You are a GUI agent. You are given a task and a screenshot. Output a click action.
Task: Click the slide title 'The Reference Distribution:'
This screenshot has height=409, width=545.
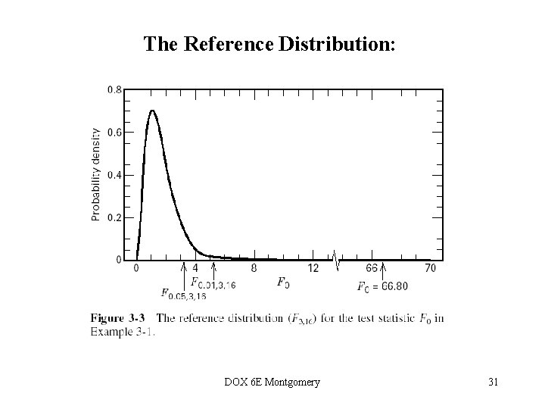(269, 44)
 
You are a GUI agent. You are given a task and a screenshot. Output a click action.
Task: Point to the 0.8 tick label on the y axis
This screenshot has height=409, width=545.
(114, 89)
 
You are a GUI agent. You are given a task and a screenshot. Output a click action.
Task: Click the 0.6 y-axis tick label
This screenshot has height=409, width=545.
(114, 132)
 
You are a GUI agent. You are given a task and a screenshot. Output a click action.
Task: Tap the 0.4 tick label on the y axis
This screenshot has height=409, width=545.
(114, 175)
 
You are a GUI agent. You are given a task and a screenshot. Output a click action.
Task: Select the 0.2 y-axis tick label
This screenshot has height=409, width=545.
(114, 217)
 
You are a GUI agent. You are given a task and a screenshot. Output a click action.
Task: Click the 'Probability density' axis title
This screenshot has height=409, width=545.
(96, 173)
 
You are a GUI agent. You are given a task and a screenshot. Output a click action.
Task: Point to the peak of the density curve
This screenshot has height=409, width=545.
(152, 111)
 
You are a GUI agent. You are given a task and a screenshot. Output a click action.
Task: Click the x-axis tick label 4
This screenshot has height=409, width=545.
(195, 268)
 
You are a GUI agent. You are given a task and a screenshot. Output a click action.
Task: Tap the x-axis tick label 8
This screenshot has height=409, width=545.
(254, 268)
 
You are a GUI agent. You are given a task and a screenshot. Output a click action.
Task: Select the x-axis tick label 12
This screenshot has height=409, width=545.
(313, 268)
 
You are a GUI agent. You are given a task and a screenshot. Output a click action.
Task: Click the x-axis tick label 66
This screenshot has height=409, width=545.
(372, 268)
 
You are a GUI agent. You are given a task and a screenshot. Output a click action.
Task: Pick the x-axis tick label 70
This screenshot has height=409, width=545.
(431, 268)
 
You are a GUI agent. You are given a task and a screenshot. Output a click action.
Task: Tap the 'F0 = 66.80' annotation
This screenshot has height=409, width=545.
(382, 286)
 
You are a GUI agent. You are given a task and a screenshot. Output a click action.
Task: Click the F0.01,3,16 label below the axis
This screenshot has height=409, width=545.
(213, 284)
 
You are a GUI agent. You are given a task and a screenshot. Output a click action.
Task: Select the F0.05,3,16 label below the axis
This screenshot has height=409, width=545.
(184, 294)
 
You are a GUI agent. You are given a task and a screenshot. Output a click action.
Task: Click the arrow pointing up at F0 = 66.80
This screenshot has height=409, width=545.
(383, 270)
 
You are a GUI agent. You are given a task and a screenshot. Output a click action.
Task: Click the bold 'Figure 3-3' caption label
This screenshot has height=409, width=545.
(117, 318)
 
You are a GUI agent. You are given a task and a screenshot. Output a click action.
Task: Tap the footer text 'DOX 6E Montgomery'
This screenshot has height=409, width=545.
(272, 382)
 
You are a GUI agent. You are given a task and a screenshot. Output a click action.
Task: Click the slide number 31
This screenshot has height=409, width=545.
(493, 382)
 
